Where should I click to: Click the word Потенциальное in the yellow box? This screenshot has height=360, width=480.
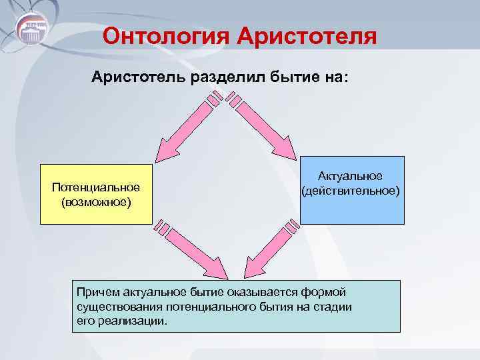[95, 187]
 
